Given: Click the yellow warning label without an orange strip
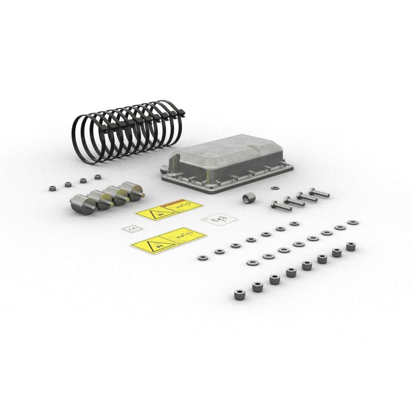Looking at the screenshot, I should [168, 240].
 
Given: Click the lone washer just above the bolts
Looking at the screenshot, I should [275, 188].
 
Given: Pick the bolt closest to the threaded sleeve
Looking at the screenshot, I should [281, 206].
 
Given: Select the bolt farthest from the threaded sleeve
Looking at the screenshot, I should [318, 193].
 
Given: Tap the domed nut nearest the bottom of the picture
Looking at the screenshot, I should [238, 295].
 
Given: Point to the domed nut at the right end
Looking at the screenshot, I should [351, 246].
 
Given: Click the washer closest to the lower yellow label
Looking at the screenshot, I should [202, 258].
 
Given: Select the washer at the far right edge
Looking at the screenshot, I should [353, 222].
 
